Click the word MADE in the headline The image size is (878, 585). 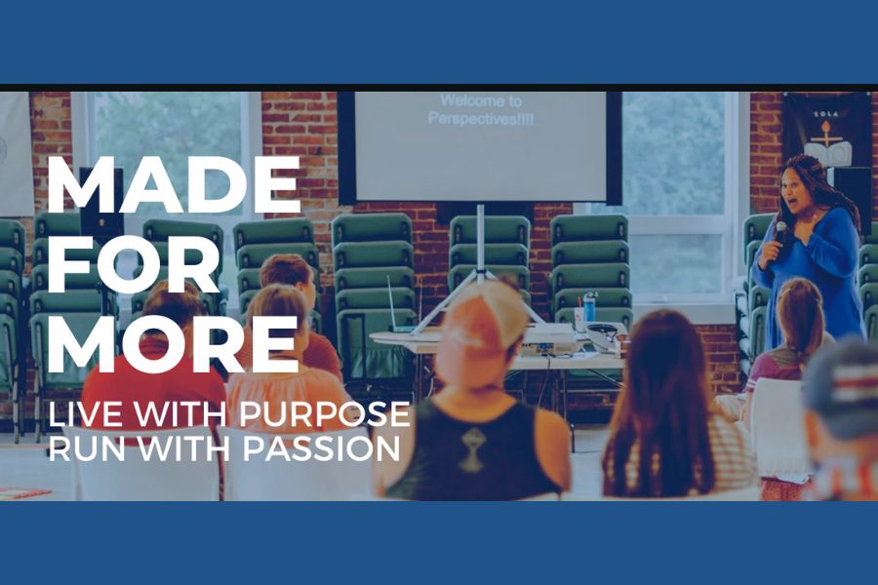(x=175, y=185)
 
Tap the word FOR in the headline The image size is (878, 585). (x=134, y=265)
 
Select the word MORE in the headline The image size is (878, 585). (x=173, y=344)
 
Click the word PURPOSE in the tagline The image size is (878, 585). (x=325, y=413)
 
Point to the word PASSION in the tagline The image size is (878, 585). (x=321, y=448)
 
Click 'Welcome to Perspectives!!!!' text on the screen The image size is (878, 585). (x=481, y=110)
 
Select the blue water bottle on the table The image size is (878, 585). (x=589, y=306)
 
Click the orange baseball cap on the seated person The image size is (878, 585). (x=486, y=317)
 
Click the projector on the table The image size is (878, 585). (x=547, y=338)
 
